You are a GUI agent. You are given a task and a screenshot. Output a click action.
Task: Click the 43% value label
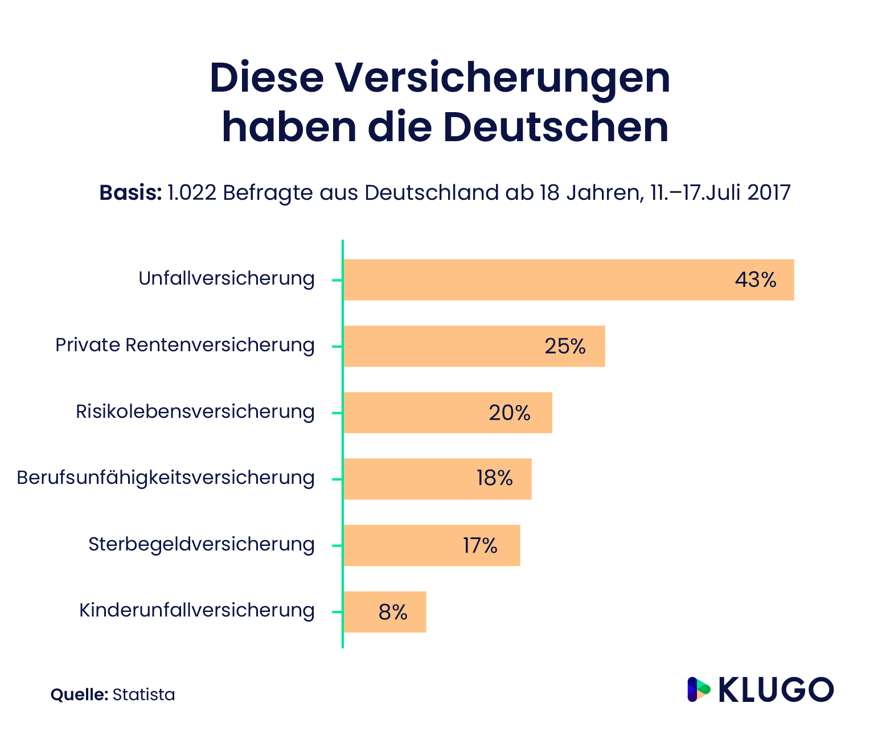[x=756, y=280]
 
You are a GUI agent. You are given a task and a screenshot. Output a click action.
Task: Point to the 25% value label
[x=565, y=346]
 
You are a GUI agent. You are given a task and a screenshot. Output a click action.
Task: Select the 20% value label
[x=509, y=413]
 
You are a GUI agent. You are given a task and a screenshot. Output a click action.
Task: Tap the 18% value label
[x=494, y=479]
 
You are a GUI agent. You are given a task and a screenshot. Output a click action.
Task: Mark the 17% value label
[x=480, y=545]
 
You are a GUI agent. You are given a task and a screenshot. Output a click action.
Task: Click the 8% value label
[x=393, y=612]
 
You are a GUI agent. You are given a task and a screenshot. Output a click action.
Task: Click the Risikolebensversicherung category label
[x=195, y=412]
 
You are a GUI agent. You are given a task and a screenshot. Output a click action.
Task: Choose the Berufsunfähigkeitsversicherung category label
[x=165, y=478]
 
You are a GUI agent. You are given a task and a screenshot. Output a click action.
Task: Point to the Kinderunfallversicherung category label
[x=196, y=610]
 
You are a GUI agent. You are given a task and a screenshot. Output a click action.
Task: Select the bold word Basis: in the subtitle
[x=130, y=193]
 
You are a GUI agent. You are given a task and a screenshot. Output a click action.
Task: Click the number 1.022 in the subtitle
[x=192, y=193]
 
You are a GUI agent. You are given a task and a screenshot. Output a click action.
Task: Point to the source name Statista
[x=143, y=695]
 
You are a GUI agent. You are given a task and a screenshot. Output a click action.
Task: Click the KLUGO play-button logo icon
[x=699, y=689]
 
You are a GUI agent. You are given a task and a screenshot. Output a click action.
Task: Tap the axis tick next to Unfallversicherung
[x=337, y=280]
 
